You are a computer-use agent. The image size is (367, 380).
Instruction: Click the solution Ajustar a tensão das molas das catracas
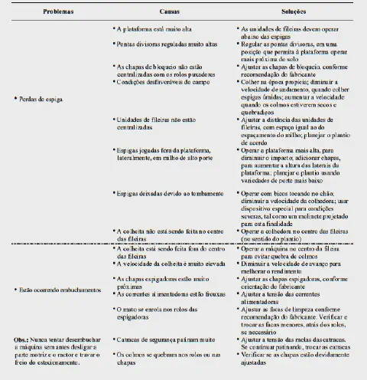pyautogui.click(x=296, y=341)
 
